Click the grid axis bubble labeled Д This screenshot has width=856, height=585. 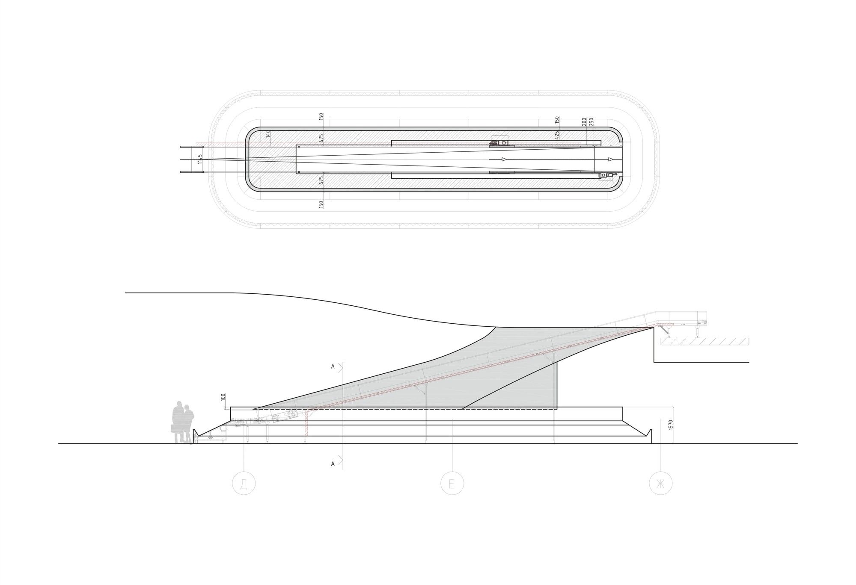click(244, 484)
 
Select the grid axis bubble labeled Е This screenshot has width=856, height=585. click(453, 484)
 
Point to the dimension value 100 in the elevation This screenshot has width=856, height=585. click(223, 397)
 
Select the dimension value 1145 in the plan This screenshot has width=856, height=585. click(200, 160)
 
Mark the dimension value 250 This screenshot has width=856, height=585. click(592, 122)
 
